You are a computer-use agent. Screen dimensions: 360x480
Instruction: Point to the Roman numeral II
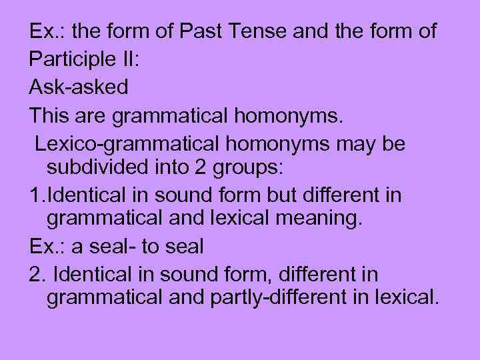click(x=132, y=59)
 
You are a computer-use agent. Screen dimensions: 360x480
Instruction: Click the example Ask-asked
click(x=79, y=87)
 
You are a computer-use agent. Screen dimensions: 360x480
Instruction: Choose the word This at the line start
click(x=50, y=115)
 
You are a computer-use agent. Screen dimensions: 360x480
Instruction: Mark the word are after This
click(x=93, y=115)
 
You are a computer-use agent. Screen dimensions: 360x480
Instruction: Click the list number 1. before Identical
click(x=38, y=195)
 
